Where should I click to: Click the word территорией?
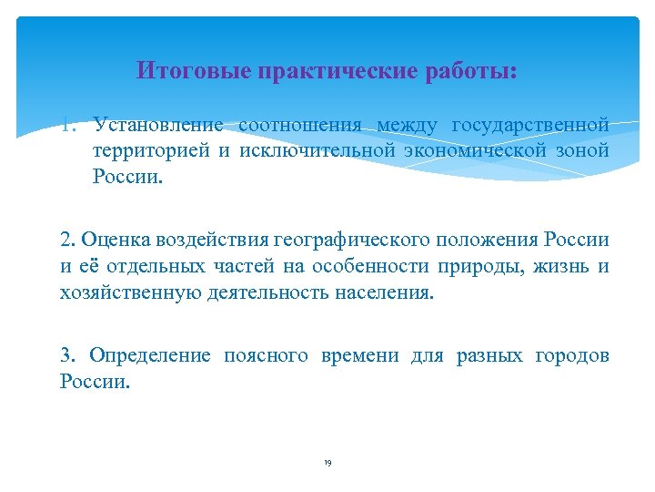(x=149, y=150)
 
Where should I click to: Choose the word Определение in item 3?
(x=150, y=356)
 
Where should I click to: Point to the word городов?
(x=575, y=356)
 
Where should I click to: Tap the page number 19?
(x=327, y=463)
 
